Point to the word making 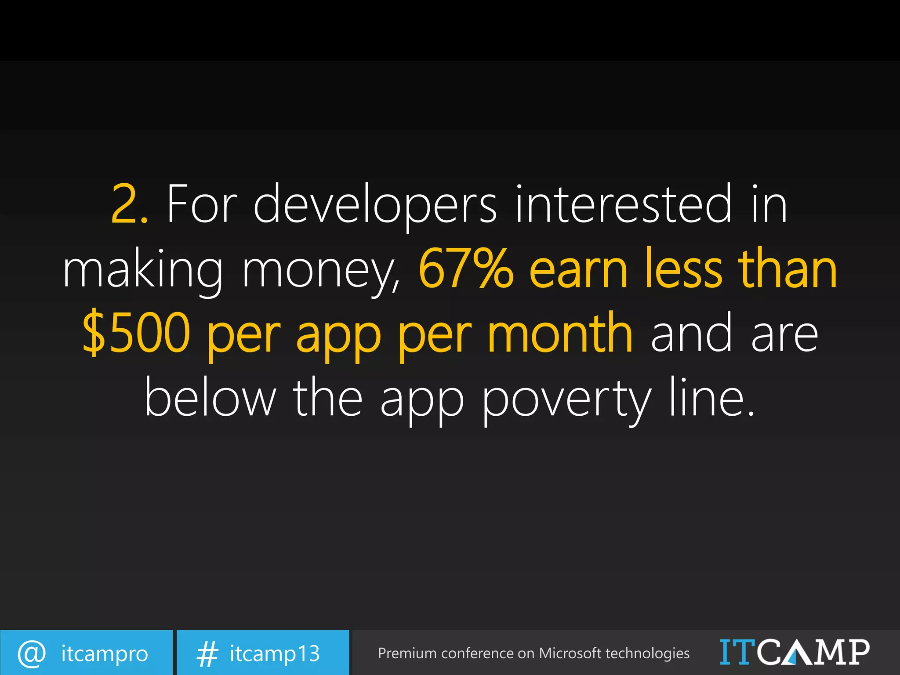coord(143,269)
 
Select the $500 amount coord(136,333)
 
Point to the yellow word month coord(560,332)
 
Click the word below coord(210,397)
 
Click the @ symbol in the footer coord(31,653)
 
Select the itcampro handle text coord(105,653)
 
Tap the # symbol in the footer coord(207,653)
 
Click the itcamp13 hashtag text coord(275,653)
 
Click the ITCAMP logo coord(794,652)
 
